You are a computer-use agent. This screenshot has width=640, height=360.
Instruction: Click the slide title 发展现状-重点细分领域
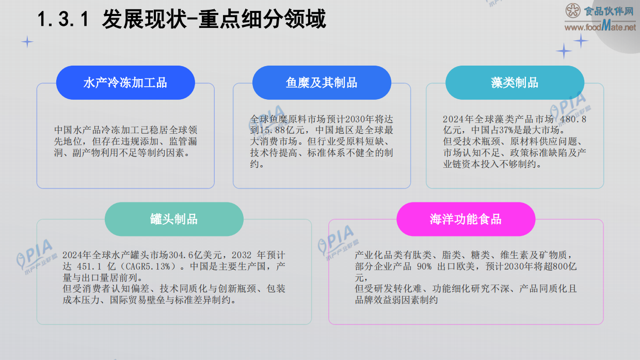pyautogui.click(x=214, y=20)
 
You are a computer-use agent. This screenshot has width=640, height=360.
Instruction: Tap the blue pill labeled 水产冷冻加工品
pyautogui.click(x=125, y=83)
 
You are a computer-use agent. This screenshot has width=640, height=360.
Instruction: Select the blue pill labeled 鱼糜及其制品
pyautogui.click(x=322, y=83)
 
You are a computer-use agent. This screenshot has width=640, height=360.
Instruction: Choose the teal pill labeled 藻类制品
pyautogui.click(x=515, y=83)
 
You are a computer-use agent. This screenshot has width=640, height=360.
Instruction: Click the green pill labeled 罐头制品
pyautogui.click(x=174, y=219)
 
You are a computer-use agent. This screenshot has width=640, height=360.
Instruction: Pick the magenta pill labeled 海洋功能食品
pyautogui.click(x=466, y=219)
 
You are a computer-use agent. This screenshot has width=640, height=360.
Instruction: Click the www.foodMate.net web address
pyautogui.click(x=600, y=27)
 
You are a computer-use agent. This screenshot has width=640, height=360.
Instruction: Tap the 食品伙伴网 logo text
pyautogui.click(x=609, y=10)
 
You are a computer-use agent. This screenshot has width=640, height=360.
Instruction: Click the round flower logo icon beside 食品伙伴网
pyautogui.click(x=573, y=11)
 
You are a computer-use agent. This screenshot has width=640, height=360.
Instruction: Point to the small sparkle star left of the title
pyautogui.click(x=27, y=42)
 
